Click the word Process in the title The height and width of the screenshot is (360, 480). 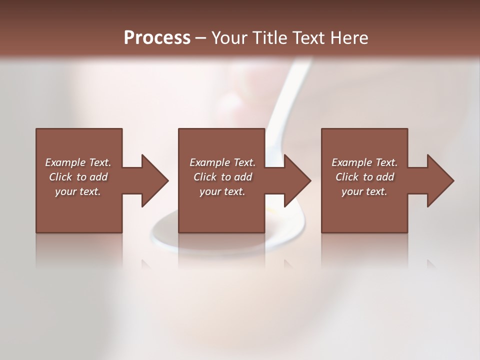(x=157, y=37)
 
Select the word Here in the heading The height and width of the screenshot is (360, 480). (x=348, y=38)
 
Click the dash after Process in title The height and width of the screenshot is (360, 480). (x=200, y=38)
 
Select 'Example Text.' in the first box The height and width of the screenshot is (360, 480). (x=78, y=162)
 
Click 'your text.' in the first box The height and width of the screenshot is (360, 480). (x=78, y=191)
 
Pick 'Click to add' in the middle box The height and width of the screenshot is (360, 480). (x=222, y=177)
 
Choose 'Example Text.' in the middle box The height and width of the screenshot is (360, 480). (x=222, y=162)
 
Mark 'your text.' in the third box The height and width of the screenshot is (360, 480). (x=364, y=191)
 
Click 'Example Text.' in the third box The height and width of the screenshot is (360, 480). (x=364, y=162)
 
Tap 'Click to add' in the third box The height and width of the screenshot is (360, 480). (x=364, y=177)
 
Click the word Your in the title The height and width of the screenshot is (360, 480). (x=229, y=38)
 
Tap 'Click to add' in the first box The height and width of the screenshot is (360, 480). (x=78, y=177)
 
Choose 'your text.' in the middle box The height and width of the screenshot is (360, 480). (x=222, y=191)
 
